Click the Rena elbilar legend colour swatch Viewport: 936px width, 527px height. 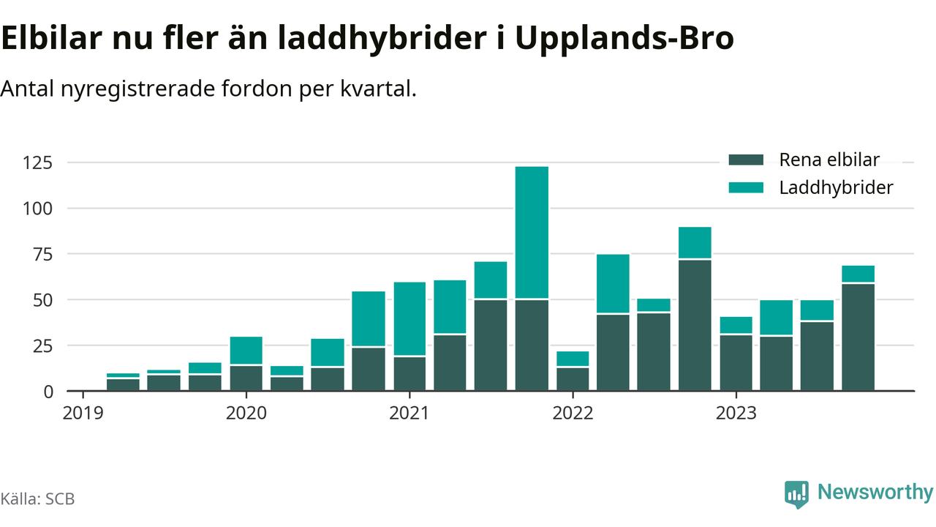pyautogui.click(x=746, y=160)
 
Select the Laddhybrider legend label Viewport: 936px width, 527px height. pyautogui.click(x=836, y=187)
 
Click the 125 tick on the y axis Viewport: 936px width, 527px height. pyautogui.click(x=38, y=162)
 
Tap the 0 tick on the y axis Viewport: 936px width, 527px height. pyautogui.click(x=48, y=391)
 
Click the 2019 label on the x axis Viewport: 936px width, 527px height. pyautogui.click(x=83, y=413)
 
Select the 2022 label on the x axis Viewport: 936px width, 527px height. pyautogui.click(x=573, y=413)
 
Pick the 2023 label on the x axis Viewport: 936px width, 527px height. pyautogui.click(x=736, y=413)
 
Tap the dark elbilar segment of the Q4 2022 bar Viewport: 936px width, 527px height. pyautogui.click(x=695, y=325)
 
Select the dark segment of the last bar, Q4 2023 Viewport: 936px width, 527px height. pyautogui.click(x=858, y=337)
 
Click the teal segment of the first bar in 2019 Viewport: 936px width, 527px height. pyautogui.click(x=123, y=375)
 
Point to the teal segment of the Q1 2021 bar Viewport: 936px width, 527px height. pyautogui.click(x=409, y=318)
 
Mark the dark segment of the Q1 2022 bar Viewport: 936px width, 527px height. pyautogui.click(x=573, y=379)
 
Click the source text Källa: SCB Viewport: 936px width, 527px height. pyautogui.click(x=37, y=499)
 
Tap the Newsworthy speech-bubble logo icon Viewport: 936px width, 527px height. pyautogui.click(x=796, y=494)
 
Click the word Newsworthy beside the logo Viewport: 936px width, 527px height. pyautogui.click(x=875, y=493)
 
